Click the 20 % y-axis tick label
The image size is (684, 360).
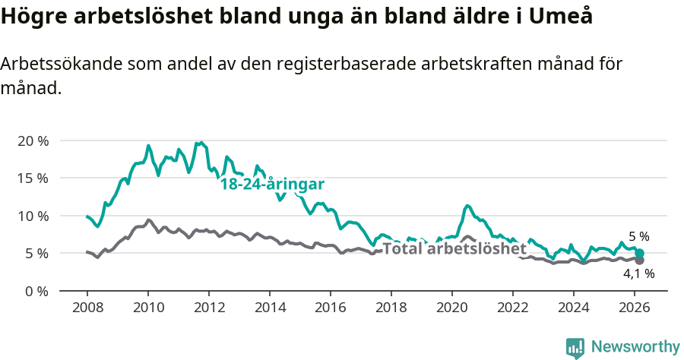tap(33, 141)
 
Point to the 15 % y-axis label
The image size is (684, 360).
tap(33, 178)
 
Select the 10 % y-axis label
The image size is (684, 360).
tap(33, 216)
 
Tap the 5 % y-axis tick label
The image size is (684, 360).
tap(36, 253)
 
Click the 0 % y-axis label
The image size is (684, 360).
tap(36, 291)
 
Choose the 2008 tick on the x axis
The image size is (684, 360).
tap(87, 308)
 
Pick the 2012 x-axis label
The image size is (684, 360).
tap(209, 308)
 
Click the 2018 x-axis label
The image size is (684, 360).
tap(391, 308)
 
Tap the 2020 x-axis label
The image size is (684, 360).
tap(452, 308)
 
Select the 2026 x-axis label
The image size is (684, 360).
tap(635, 308)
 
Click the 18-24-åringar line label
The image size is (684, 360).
tap(272, 185)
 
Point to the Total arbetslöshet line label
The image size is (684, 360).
tap(454, 248)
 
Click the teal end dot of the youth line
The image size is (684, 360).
tap(640, 254)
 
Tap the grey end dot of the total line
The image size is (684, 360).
tap(640, 261)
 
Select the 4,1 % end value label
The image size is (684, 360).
tap(638, 273)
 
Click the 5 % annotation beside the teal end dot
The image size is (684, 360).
tap(638, 237)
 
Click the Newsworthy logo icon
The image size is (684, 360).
tap(575, 348)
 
